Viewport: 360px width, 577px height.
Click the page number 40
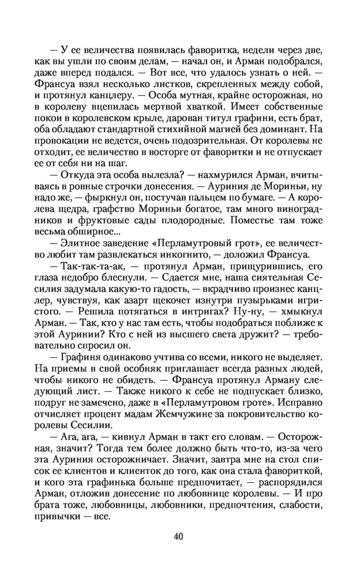178,535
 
